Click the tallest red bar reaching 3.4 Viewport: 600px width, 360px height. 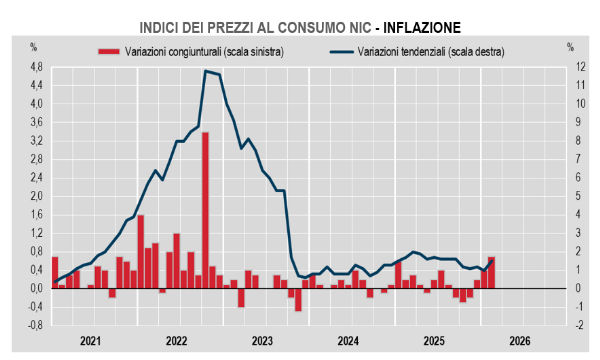click(x=205, y=210)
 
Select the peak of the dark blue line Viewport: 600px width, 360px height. click(x=205, y=71)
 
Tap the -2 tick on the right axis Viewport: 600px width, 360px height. click(x=570, y=326)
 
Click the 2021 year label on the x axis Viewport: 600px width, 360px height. click(x=91, y=342)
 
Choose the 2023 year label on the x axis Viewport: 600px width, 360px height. click(x=262, y=342)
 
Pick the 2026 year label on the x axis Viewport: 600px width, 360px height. click(x=519, y=342)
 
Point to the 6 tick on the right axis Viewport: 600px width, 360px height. click(x=568, y=178)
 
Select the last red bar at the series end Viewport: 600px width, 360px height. click(x=491, y=273)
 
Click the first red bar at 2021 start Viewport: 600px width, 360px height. click(x=55, y=273)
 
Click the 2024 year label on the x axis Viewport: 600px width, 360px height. click(x=348, y=342)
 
